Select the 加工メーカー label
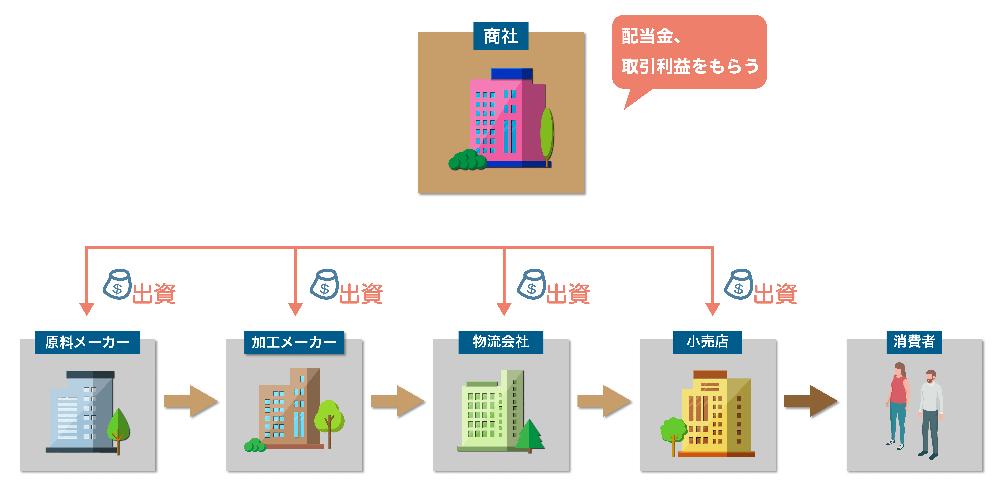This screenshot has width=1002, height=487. [294, 342]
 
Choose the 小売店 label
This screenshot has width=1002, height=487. [708, 342]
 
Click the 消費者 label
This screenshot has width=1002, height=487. [914, 342]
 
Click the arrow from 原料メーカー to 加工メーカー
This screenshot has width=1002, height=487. [191, 401]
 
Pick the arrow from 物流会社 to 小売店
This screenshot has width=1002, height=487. [604, 401]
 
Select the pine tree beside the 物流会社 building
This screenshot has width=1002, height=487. [529, 435]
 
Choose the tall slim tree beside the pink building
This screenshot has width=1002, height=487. [547, 134]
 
